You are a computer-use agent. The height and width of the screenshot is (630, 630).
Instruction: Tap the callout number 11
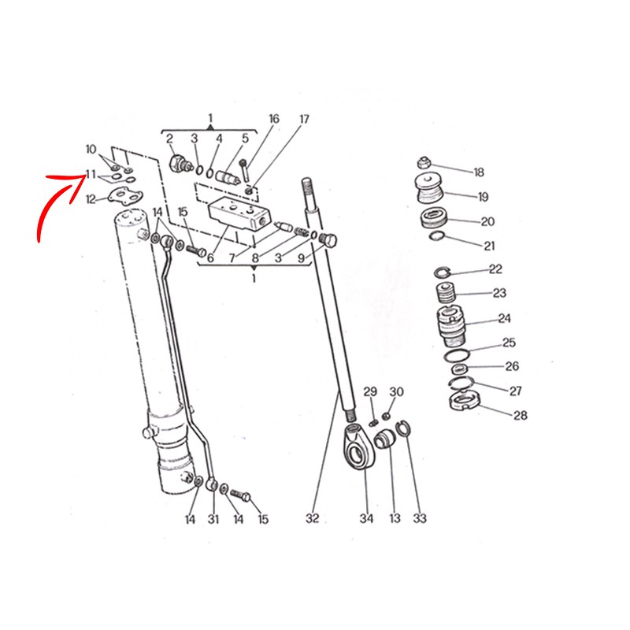pos(91,174)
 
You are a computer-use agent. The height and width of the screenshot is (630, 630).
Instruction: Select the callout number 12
pos(91,199)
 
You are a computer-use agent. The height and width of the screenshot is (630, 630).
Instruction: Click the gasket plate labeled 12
pos(125,195)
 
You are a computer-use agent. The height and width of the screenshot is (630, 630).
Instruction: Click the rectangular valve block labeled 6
pos(234,214)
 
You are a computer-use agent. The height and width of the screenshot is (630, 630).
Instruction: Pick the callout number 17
pos(305,120)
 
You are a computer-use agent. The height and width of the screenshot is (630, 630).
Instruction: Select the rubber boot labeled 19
pos(428,189)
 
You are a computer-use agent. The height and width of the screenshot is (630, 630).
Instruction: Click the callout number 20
pos(487,221)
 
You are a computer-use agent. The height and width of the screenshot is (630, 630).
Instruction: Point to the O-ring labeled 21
pos(437,236)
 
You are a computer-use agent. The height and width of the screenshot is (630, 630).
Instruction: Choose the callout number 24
pos(504,319)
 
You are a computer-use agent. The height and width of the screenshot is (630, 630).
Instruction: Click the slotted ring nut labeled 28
pos(464,401)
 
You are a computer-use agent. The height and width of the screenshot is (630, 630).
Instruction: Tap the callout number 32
pos(312,518)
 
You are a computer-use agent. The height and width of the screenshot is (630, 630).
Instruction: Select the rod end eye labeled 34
pos(359,446)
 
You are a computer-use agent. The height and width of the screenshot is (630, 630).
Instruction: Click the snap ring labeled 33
pos(403,429)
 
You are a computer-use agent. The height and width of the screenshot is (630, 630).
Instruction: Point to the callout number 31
pos(213,519)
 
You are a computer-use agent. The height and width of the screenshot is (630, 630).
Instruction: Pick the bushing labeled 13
pos(385,439)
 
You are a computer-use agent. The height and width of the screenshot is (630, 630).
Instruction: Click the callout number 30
pos(396,391)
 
